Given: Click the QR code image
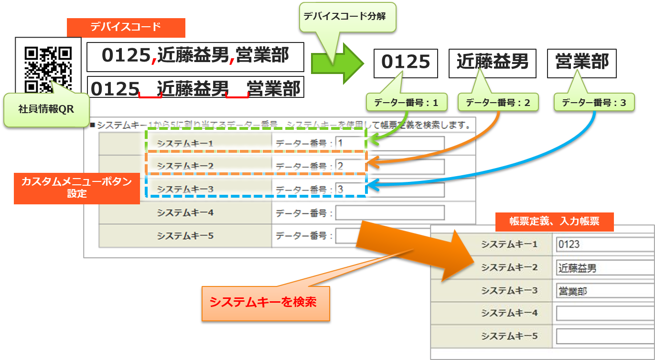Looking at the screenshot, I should coord(48,67).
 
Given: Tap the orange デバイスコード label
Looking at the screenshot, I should coord(126,27).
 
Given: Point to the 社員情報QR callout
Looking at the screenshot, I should coord(46,109).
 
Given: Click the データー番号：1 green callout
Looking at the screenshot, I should coord(406,102).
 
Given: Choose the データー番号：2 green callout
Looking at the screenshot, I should coord(498,102).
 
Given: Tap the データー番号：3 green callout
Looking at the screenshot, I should coord(594,102).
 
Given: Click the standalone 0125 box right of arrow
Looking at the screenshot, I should coord(406,62).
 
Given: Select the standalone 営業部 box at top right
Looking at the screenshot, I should coord(581,62).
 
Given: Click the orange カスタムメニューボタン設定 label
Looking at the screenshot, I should coord(76,188).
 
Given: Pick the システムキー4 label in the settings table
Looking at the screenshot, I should coord(185,213).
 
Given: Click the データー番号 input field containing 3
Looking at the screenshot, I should coord(389,190).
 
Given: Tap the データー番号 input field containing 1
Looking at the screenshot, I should coord(389,143).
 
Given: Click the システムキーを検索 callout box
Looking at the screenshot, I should coord(266,303).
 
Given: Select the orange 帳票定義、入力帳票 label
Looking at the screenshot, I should coord(554,221).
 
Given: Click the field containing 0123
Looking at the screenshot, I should coord(605,244).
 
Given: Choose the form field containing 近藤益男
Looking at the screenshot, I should coord(605,268).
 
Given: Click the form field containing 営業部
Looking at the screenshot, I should coord(605,291).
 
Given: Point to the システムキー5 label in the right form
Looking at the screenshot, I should coord(509,336).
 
